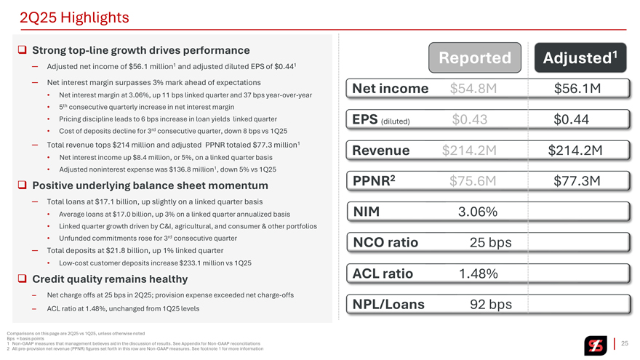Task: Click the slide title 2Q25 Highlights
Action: pos(65,17)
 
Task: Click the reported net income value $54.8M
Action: pos(473,89)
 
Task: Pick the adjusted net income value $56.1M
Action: pos(577,89)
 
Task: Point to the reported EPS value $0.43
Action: pos(470,119)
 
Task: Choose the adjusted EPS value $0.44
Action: pos(571,119)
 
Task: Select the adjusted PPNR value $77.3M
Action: pos(577,181)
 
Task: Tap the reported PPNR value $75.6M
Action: pos(473,181)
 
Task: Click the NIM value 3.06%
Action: pos(478,212)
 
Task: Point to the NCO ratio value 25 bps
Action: pos(491,243)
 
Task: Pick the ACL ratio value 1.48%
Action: pos(478,273)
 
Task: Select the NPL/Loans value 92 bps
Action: pos(491,304)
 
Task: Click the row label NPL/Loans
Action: pos(388,304)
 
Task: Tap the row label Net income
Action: pos(390,89)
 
